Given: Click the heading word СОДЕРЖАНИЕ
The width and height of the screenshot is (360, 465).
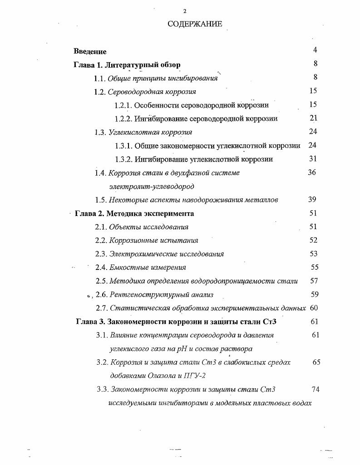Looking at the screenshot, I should [x=195, y=24].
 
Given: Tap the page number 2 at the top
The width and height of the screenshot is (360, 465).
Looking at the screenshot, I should [x=184, y=11].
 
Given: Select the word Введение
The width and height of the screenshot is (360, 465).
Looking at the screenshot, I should [x=90, y=51].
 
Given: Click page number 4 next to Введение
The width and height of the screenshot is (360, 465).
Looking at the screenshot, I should [x=315, y=50].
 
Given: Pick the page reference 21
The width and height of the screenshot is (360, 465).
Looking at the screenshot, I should [x=313, y=118].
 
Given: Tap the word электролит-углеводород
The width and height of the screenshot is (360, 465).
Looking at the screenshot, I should [x=152, y=186].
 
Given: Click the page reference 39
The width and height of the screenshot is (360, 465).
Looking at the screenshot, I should [x=312, y=200].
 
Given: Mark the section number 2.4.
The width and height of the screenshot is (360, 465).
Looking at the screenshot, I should [x=100, y=268].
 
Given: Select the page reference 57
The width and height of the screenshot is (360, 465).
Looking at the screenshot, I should [x=314, y=281].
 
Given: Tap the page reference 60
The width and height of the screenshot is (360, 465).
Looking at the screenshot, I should [x=314, y=308].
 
